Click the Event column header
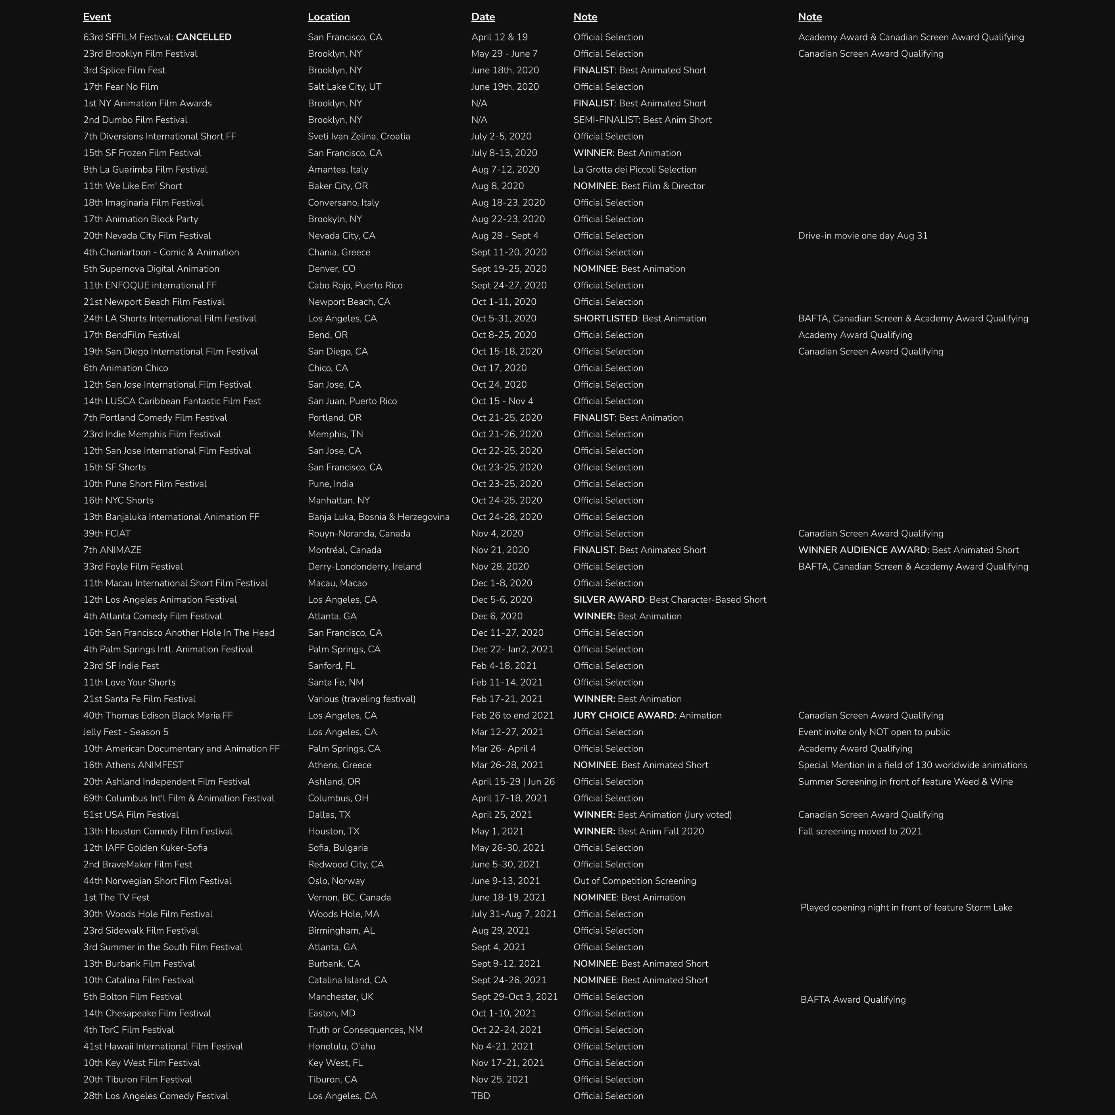97,17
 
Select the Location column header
329,17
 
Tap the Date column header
483,17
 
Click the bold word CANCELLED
203,37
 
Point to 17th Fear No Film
121,87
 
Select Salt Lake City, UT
344,87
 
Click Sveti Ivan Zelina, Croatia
359,136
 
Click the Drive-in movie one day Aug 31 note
863,235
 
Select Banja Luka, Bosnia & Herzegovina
379,517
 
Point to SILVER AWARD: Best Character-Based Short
669,600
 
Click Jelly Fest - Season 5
126,732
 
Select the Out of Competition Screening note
635,880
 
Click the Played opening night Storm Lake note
906,907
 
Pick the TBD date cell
481,1096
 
